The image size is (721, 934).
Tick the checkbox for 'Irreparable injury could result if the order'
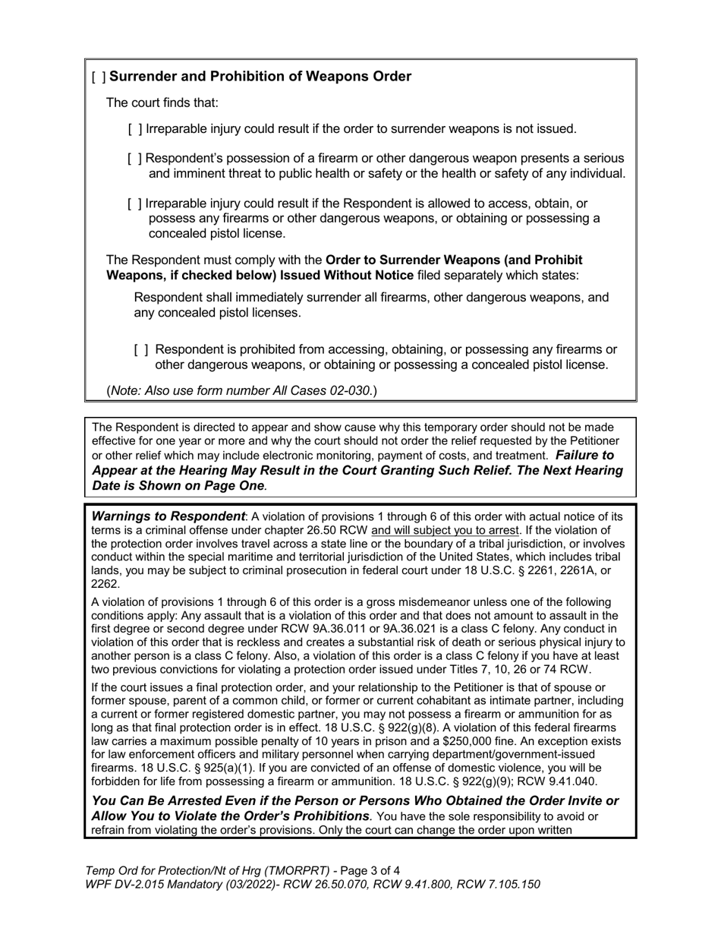pyautogui.click(x=135, y=129)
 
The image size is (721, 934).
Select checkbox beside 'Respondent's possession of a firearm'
pyautogui.click(x=135, y=159)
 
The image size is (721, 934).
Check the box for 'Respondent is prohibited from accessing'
pyautogui.click(x=141, y=350)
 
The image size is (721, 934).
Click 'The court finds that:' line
pyautogui.click(x=162, y=103)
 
